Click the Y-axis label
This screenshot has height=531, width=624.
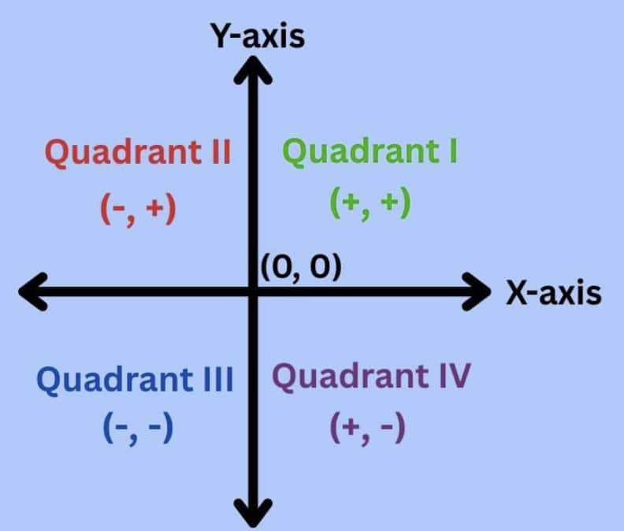258,36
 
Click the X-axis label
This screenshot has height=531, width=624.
554,293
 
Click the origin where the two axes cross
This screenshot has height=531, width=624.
253,291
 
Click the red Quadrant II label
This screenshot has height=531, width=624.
138,153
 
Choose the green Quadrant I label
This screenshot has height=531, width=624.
370,151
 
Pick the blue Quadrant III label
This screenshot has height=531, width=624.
135,380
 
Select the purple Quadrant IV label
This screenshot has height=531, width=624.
371,377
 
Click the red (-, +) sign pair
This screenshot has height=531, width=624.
138,209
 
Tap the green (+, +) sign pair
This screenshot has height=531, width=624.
370,203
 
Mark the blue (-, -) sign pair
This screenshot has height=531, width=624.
138,429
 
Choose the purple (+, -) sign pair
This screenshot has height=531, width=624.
368,429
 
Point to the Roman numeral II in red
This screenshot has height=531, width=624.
221,151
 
